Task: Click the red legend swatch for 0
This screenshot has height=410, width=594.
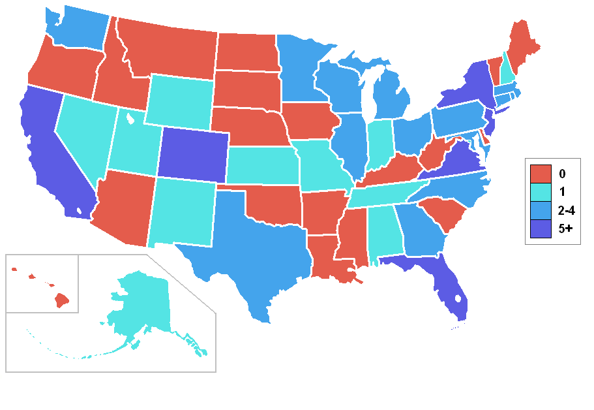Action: tap(541, 174)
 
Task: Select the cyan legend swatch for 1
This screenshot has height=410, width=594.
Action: tap(541, 192)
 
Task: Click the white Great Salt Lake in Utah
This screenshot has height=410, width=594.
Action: tap(130, 119)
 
